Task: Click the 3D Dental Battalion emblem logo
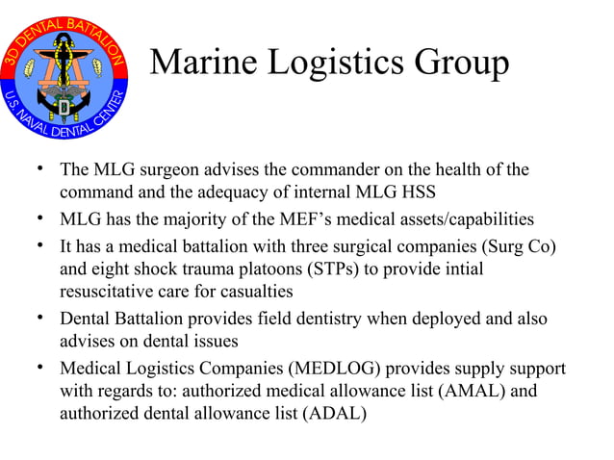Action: point(64,79)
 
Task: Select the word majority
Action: point(192,217)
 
